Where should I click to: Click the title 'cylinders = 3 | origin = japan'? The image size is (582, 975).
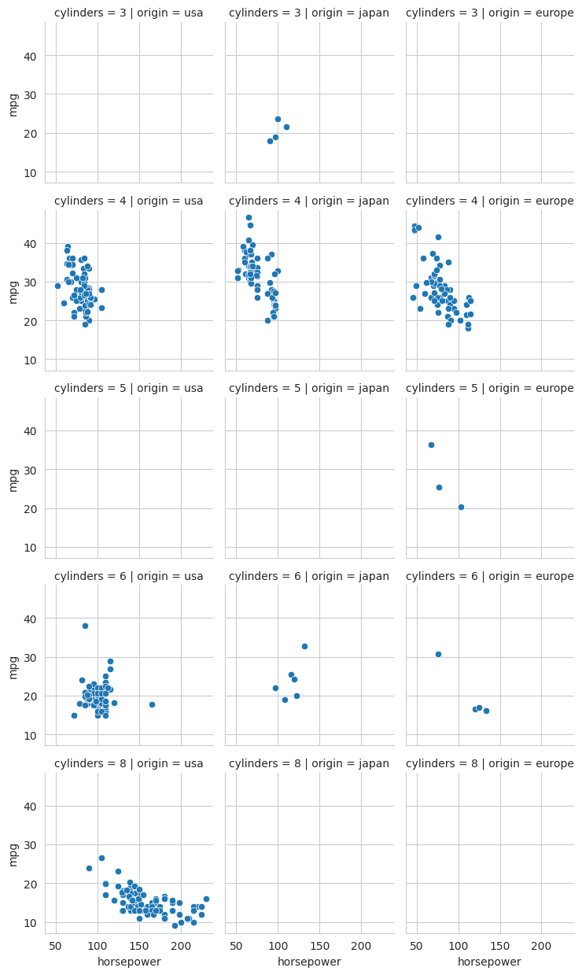pyautogui.click(x=309, y=13)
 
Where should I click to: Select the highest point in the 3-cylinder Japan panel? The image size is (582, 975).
pyautogui.click(x=278, y=120)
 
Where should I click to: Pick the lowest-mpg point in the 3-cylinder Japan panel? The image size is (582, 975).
pyautogui.click(x=270, y=142)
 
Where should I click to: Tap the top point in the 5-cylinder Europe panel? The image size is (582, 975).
pyautogui.click(x=431, y=445)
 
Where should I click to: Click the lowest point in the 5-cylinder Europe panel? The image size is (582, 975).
pyautogui.click(x=461, y=507)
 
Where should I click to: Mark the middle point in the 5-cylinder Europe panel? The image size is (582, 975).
pyautogui.click(x=439, y=487)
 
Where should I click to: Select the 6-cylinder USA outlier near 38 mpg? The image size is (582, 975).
pyautogui.click(x=85, y=626)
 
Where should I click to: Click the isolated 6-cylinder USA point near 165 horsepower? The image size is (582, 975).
pyautogui.click(x=152, y=704)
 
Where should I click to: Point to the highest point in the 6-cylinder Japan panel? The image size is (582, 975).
pyautogui.click(x=304, y=646)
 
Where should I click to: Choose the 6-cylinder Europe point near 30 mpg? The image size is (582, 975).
pyautogui.click(x=438, y=654)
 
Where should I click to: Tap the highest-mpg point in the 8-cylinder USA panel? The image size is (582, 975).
pyautogui.click(x=101, y=858)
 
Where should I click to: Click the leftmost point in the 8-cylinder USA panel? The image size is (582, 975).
pyautogui.click(x=89, y=868)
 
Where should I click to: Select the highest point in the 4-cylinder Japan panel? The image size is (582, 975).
pyautogui.click(x=249, y=217)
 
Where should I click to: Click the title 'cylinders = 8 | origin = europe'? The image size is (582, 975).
pyautogui.click(x=489, y=763)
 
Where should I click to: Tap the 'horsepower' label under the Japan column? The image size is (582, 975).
pyautogui.click(x=309, y=962)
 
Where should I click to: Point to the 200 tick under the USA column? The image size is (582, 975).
pyautogui.click(x=181, y=945)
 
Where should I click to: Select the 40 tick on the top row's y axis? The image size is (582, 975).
pyautogui.click(x=31, y=56)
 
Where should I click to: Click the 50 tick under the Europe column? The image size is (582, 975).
pyautogui.click(x=417, y=945)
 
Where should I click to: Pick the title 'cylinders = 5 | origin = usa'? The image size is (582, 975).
pyautogui.click(x=128, y=388)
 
